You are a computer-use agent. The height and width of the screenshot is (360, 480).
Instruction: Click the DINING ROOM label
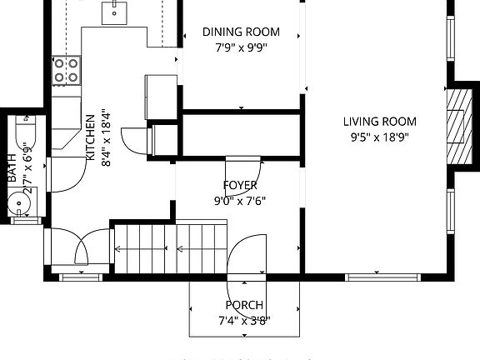click(x=241, y=32)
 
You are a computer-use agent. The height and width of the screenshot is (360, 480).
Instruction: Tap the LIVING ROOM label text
click(x=379, y=122)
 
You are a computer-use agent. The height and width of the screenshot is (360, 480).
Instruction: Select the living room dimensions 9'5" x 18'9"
click(x=379, y=137)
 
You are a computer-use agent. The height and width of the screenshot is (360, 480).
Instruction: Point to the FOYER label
click(x=240, y=185)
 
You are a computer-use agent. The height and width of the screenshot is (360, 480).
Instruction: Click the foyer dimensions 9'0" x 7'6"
click(x=240, y=200)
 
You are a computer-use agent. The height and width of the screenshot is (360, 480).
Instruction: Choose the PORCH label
click(x=243, y=305)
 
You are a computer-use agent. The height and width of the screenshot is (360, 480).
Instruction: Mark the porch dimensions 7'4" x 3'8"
click(x=243, y=320)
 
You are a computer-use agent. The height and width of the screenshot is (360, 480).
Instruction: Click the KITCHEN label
click(x=90, y=137)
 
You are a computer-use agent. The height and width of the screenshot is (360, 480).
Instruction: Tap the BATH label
click(x=12, y=170)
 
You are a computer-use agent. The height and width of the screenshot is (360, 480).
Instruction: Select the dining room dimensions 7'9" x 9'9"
click(x=241, y=47)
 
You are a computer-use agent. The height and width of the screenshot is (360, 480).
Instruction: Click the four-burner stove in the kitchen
click(x=66, y=70)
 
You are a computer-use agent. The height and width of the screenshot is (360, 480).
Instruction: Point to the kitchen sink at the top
click(x=115, y=12)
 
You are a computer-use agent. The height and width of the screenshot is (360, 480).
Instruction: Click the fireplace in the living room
click(x=456, y=125)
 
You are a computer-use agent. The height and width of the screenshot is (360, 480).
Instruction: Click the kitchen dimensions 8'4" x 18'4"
click(x=105, y=137)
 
